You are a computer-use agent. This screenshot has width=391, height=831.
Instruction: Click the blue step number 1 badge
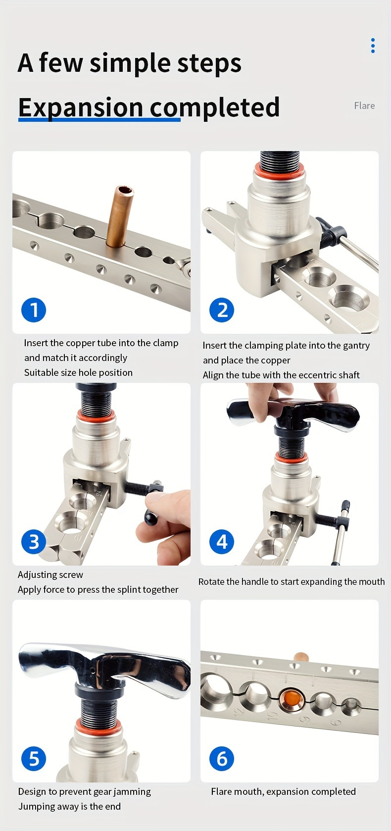click(34, 310)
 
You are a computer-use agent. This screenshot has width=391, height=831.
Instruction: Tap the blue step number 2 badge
click(222, 310)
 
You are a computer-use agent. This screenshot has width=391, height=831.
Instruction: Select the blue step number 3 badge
click(34, 542)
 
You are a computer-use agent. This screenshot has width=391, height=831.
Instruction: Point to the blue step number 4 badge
click(222, 542)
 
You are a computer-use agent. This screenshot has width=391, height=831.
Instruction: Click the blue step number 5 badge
click(34, 759)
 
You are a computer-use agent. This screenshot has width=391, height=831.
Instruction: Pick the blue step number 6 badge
click(222, 759)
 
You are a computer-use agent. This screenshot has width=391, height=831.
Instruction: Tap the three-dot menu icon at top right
click(373, 46)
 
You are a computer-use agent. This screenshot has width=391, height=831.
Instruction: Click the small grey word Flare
click(364, 105)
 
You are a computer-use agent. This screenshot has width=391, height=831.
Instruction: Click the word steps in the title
click(209, 63)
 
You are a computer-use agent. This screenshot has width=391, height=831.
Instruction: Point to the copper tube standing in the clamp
click(119, 215)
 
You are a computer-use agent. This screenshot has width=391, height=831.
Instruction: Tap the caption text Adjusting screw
click(50, 574)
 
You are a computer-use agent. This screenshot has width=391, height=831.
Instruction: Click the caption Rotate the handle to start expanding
click(291, 581)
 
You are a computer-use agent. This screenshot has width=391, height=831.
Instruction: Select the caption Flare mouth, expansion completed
click(283, 791)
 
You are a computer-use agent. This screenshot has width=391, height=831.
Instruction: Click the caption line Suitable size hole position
click(78, 372)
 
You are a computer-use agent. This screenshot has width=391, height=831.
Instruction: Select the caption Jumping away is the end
click(69, 806)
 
